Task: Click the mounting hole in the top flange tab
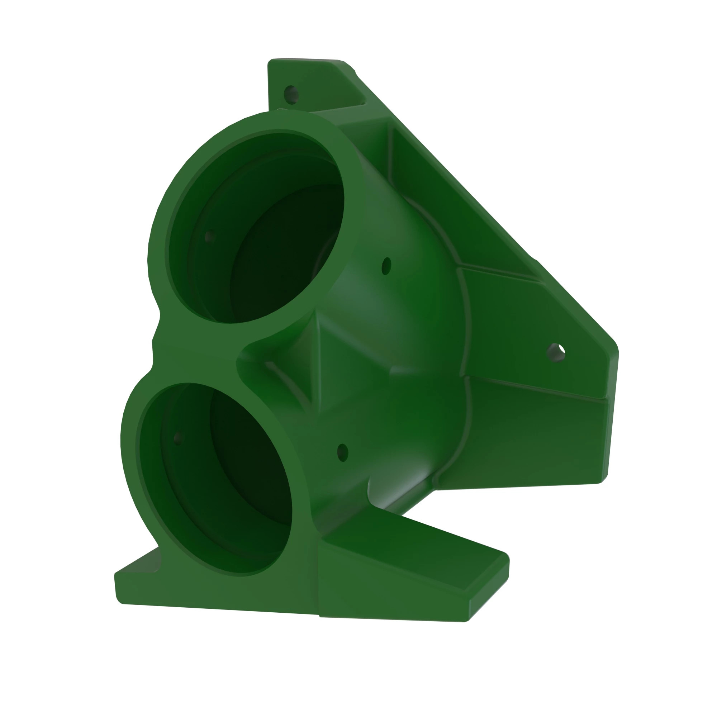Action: point(291,95)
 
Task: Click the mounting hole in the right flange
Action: point(556,352)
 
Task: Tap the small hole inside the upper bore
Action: point(210,236)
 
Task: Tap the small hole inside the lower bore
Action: point(178,438)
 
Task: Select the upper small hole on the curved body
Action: point(386,266)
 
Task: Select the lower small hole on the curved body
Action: point(342,452)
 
